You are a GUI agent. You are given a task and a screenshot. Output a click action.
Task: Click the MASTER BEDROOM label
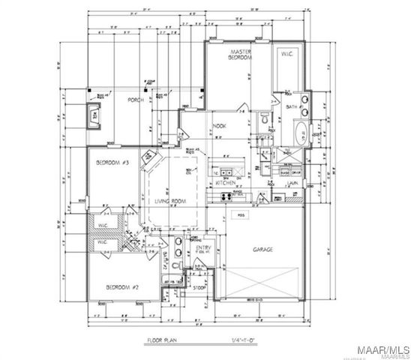pos(240,54)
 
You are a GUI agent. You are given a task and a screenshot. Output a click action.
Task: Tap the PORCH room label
pos(136,100)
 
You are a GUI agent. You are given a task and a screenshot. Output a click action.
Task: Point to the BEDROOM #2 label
pos(120,287)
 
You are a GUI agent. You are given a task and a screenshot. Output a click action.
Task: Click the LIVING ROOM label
pos(170,202)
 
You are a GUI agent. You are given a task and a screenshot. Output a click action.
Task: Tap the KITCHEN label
pos(226,182)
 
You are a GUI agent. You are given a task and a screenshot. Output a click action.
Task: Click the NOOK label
pos(220,126)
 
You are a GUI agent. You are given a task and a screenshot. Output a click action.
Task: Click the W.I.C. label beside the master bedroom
pos(287,55)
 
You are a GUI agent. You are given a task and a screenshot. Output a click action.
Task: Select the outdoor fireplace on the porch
pos(94,115)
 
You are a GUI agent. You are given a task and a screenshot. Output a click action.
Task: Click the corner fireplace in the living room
pos(149,156)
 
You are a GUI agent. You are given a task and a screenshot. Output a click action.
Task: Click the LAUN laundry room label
pos(295,182)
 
